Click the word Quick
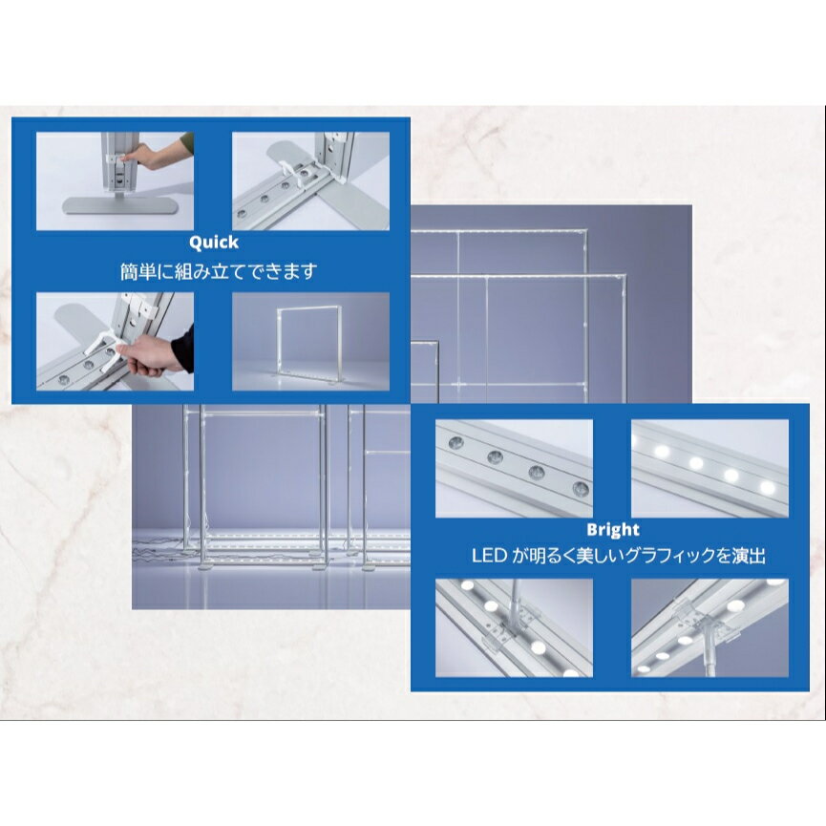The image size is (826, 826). [213, 243]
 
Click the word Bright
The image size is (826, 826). [613, 529]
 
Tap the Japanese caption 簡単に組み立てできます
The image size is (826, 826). [219, 272]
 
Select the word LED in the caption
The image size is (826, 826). [489, 556]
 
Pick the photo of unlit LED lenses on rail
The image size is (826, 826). [514, 468]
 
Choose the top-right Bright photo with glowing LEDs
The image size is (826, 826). [710, 468]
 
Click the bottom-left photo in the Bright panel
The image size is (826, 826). [514, 628]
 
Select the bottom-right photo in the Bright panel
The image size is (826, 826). [710, 628]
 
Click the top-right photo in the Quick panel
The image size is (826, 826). [310, 181]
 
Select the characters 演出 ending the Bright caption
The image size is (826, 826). [749, 556]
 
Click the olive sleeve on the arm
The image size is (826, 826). [185, 145]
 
